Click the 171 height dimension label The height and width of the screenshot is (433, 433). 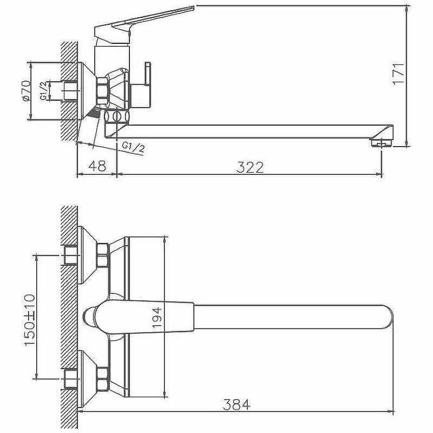398,75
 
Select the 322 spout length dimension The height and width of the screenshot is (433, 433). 250,167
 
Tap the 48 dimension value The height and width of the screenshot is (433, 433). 97,166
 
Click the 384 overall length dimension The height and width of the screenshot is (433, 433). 237,405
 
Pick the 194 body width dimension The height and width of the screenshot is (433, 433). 157,318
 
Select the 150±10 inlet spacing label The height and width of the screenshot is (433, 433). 30,320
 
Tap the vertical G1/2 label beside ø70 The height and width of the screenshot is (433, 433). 43,90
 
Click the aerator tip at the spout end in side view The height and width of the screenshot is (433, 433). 382,143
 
